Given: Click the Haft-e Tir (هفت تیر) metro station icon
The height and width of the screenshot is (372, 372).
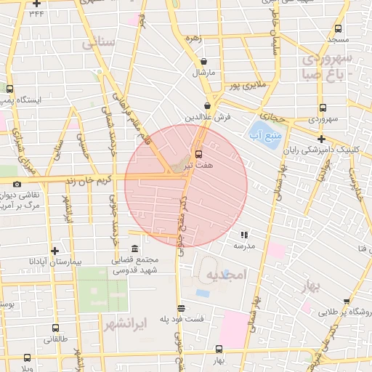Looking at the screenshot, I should pos(198,155).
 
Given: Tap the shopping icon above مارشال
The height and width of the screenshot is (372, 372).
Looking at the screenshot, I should pos(203,62).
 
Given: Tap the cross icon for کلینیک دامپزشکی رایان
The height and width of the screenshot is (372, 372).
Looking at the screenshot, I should pos(321,139).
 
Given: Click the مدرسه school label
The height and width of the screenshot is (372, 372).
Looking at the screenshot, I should pos(244,246).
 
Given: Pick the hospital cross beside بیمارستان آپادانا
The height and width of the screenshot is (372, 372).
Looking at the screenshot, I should pos(54,251).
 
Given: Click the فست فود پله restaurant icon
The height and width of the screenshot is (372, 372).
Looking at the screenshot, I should pos(181,308).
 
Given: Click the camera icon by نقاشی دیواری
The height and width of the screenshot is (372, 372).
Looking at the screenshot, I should pos(17,185).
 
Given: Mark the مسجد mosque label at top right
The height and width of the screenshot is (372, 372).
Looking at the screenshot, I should pos(339,38).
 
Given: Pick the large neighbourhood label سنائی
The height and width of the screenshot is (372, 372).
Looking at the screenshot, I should pos(98,43).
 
